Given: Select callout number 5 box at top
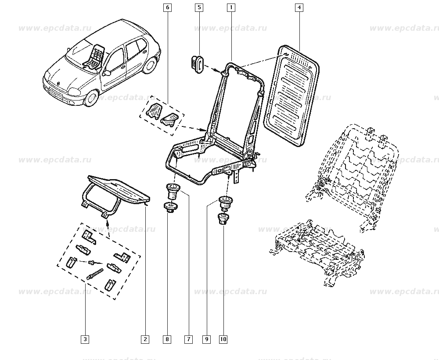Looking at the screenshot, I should tap(199, 7).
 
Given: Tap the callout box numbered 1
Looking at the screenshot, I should tap(231, 7).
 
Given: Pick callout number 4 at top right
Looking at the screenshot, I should tap(299, 7).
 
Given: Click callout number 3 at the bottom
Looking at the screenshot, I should tap(85, 339).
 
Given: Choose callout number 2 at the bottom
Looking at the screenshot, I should tap(145, 339).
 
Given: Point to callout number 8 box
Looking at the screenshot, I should tap(168, 339).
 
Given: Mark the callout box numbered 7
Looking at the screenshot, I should tap(188, 339).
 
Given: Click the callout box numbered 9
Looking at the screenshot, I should tap(206, 339).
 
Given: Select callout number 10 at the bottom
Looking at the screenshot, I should tap(223, 339).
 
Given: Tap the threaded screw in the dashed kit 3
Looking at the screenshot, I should tap(95, 275).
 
